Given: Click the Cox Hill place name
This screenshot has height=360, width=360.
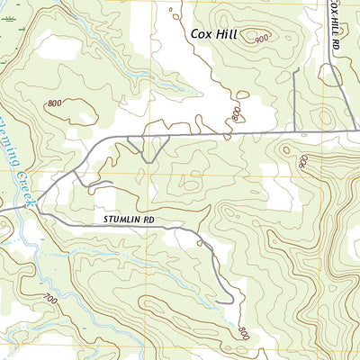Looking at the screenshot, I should (x=220, y=34).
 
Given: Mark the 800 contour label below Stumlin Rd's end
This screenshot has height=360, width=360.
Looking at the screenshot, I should (x=242, y=331).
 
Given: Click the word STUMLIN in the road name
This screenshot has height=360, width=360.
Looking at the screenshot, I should (x=113, y=218).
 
